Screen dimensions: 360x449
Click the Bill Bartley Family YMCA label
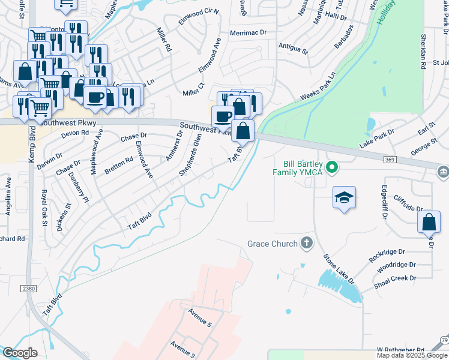coord(304,168)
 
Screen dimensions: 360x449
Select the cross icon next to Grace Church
coord(306,244)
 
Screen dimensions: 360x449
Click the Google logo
coord(20,353)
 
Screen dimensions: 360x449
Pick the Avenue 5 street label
coord(200,318)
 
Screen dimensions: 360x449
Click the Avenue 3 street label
coord(182,350)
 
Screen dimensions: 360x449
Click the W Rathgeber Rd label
coord(400,349)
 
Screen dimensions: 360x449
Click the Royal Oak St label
coord(44,208)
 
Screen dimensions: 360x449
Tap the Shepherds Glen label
coord(190,155)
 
